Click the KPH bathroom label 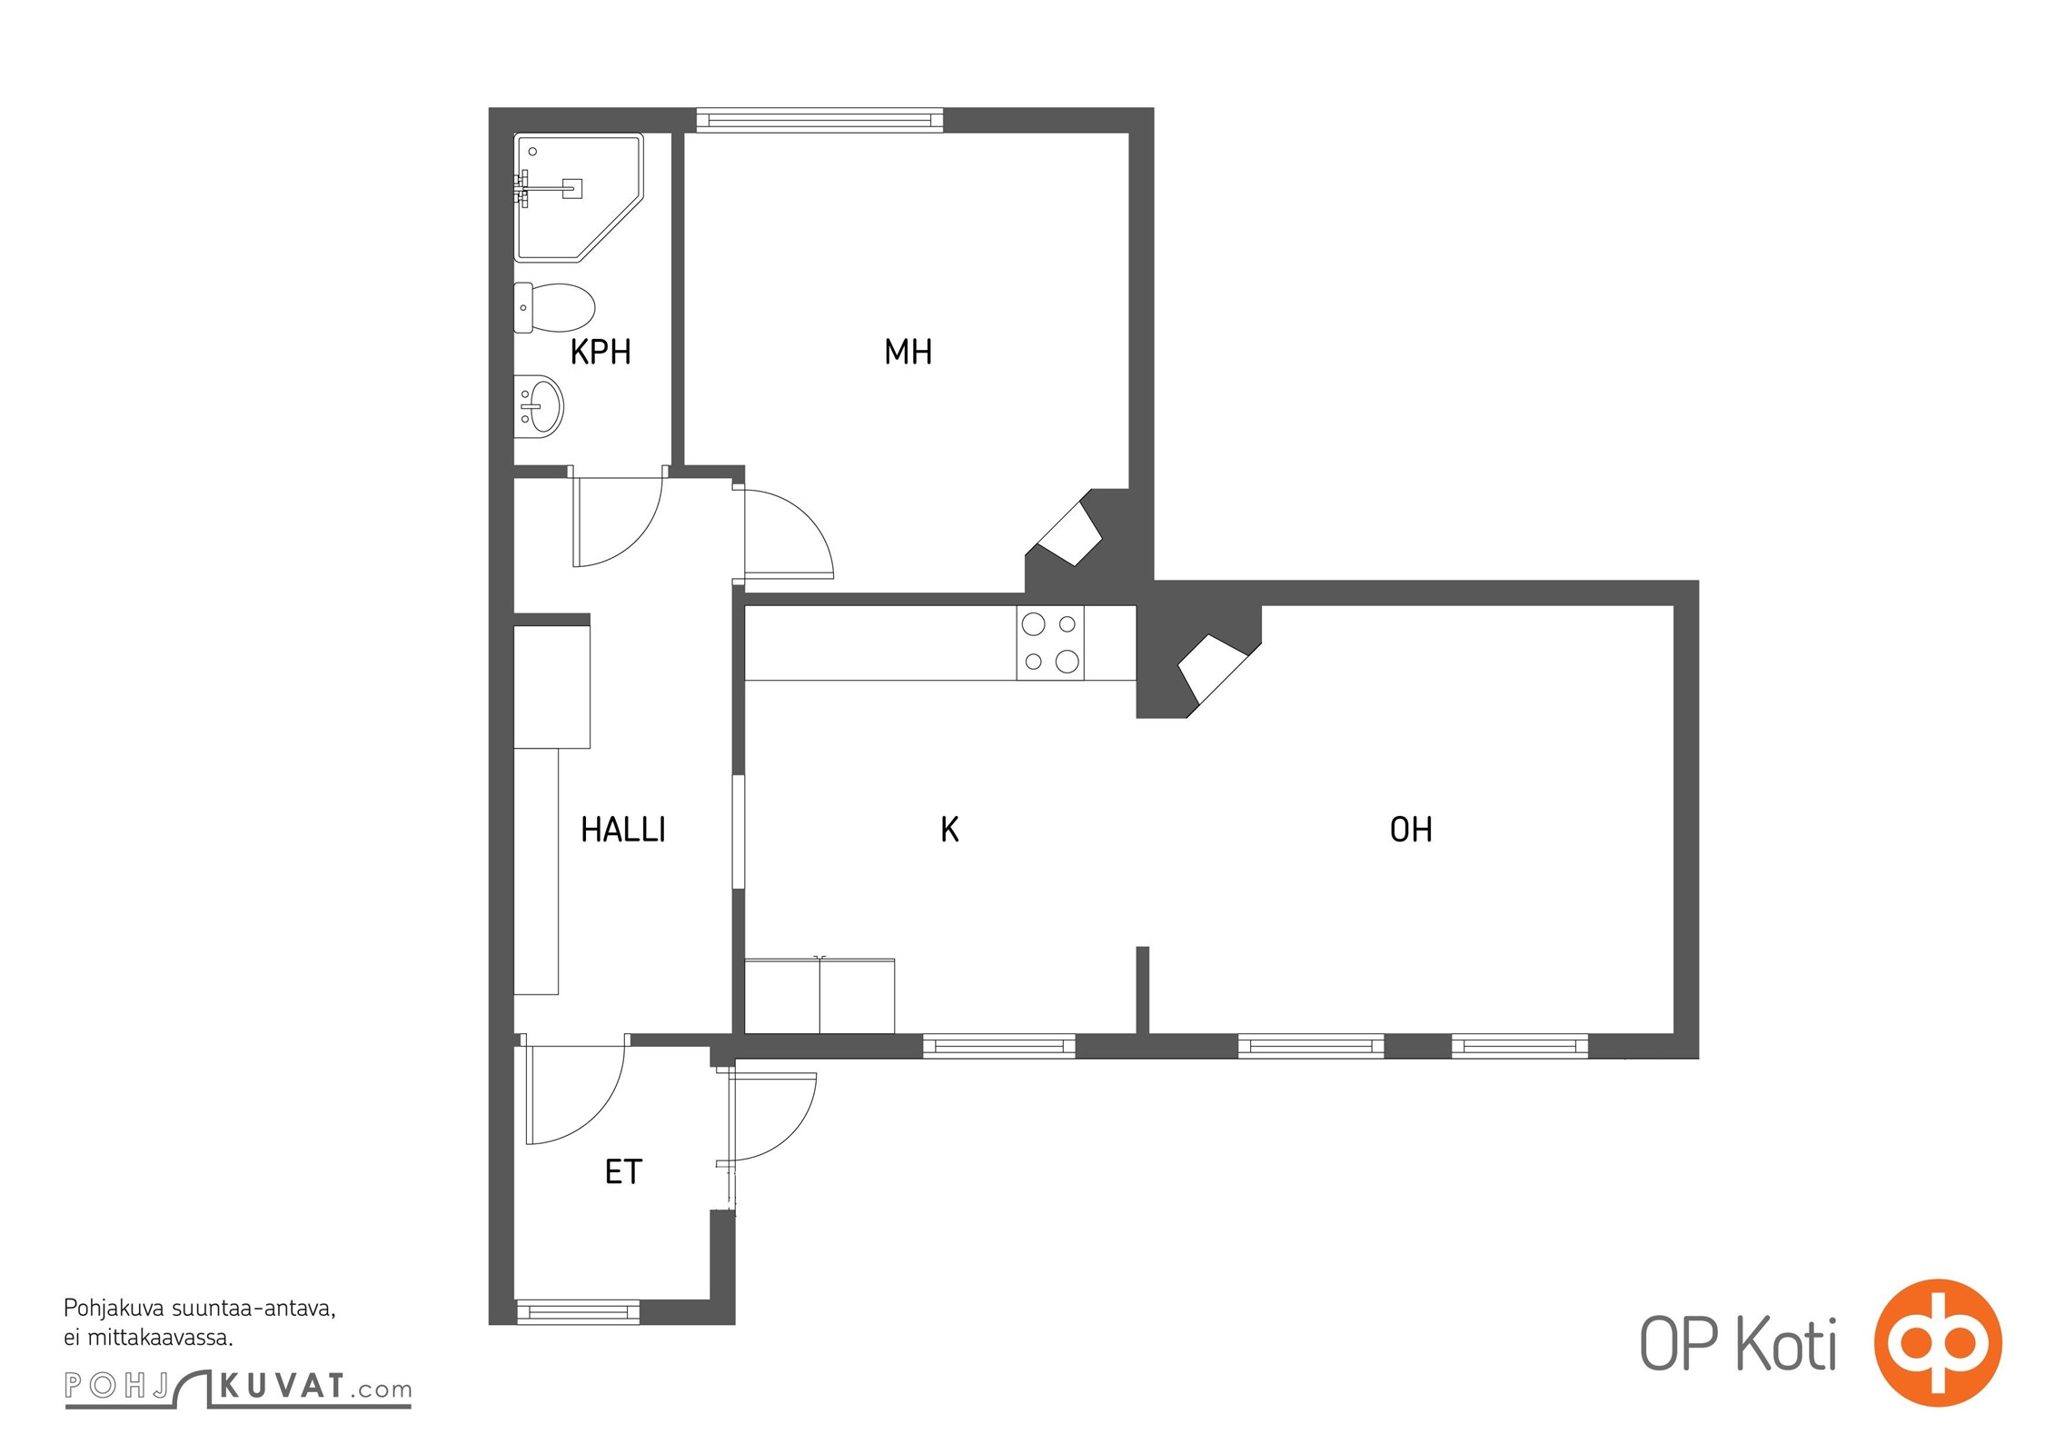pos(601,352)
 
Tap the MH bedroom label pos(908,352)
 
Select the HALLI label pos(623,830)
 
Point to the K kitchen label pos(950,830)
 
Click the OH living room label pos(1411,830)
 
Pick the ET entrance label pos(623,1172)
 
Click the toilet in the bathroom pos(554,307)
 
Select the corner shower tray pos(579,197)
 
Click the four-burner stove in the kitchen pos(1050,642)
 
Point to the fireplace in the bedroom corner pos(1064,534)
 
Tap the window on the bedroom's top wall pos(819,120)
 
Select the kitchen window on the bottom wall pos(999,1046)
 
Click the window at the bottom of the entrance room pos(579,1311)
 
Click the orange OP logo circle pos(1938,1343)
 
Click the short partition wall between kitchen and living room pos(1143,990)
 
